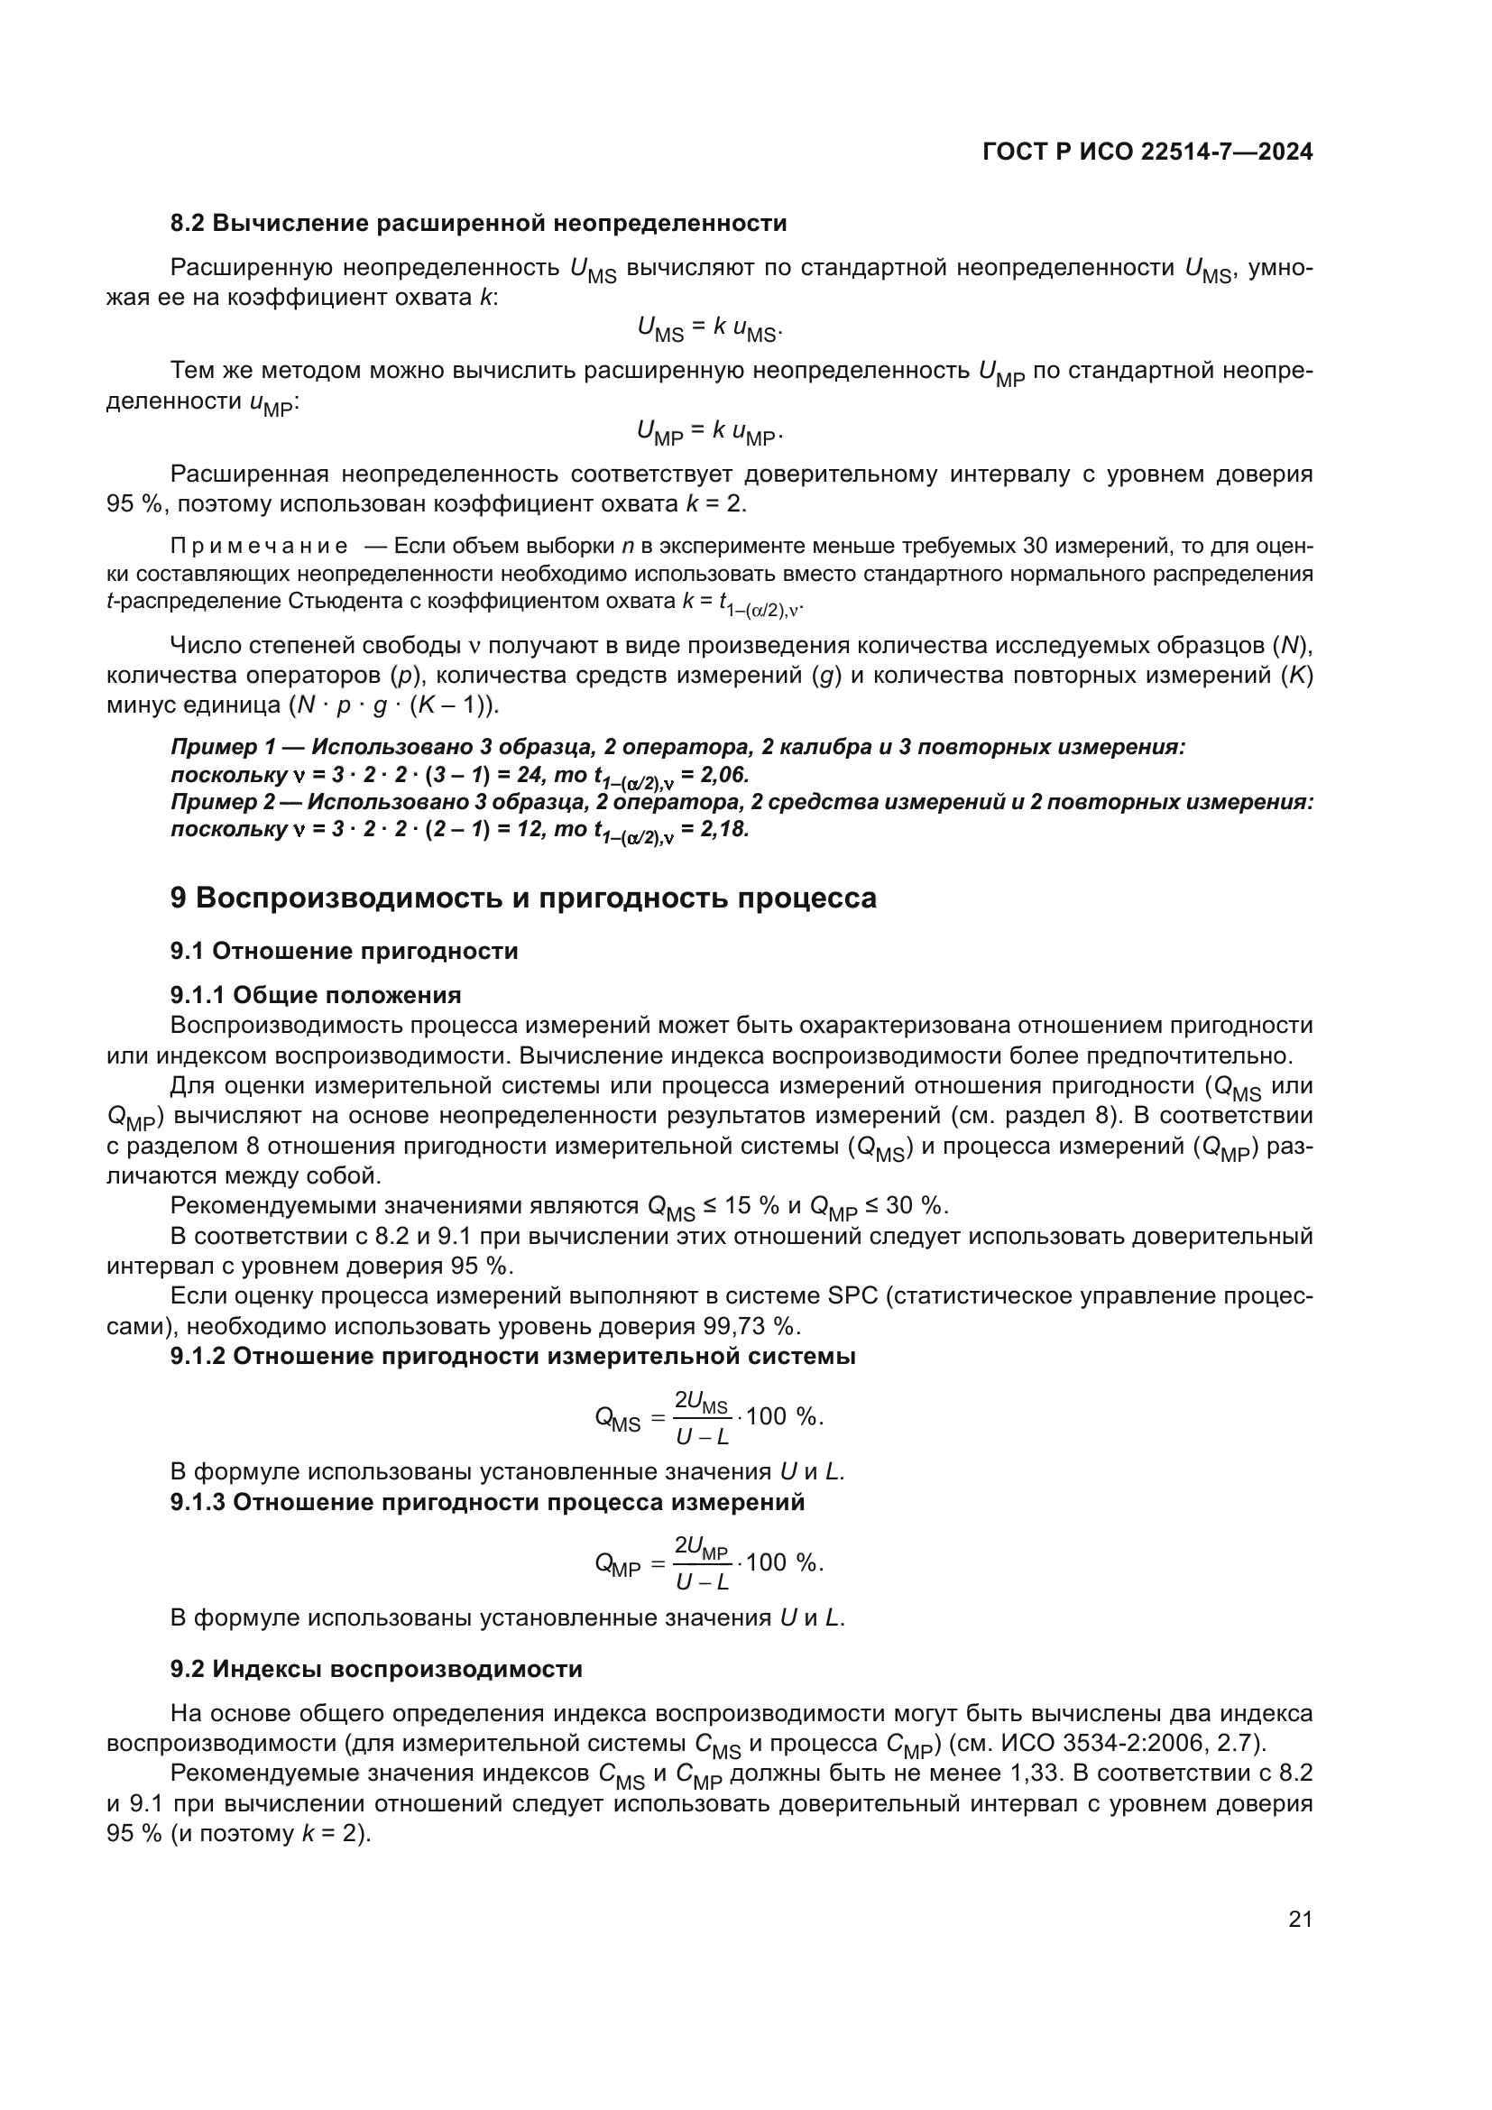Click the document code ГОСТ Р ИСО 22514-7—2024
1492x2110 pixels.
[x=1147, y=152]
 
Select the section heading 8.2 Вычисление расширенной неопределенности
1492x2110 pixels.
[x=478, y=224]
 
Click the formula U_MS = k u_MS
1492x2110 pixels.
[x=708, y=328]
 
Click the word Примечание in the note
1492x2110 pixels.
[x=259, y=547]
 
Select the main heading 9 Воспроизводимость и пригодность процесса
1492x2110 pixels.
[x=523, y=898]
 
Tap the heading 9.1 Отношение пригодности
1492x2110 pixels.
[x=344, y=951]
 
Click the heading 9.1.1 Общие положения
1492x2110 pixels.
[x=315, y=995]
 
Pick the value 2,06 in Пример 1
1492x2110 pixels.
[x=725, y=775]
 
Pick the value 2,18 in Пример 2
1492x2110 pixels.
[x=725, y=830]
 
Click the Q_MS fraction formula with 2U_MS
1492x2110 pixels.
[x=708, y=1417]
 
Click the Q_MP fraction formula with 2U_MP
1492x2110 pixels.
[x=708, y=1563]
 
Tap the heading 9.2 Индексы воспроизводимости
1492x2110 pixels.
[x=376, y=1669]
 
